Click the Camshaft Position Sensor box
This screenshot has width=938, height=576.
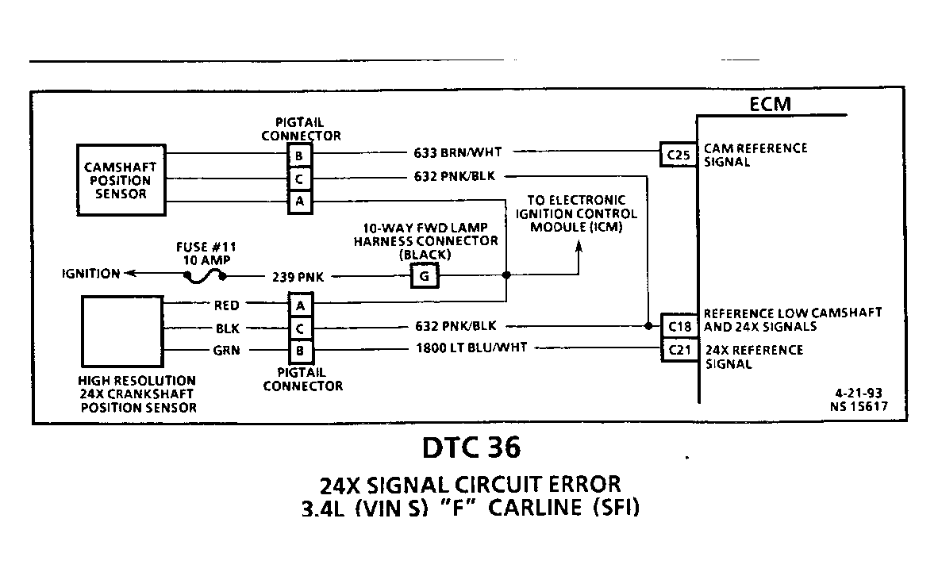click(x=121, y=179)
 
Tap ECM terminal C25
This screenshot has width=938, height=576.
click(x=679, y=155)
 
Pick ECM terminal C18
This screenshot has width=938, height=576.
click(x=679, y=327)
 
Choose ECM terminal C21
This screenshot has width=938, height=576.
click(x=679, y=350)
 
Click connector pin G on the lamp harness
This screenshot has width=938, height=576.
click(x=424, y=276)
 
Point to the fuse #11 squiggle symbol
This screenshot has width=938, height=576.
click(x=205, y=276)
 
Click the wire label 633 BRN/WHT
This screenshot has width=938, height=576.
click(x=458, y=152)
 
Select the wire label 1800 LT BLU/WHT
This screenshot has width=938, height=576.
click(x=471, y=348)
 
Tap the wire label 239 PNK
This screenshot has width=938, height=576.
click(x=298, y=277)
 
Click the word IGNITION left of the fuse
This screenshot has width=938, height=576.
click(x=91, y=274)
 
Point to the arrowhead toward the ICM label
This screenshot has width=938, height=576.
click(x=579, y=246)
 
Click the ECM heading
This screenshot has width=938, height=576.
click(x=771, y=104)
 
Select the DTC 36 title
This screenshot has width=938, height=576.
click(x=471, y=447)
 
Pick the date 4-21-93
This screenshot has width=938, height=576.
click(x=859, y=393)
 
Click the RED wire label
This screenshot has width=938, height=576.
click(x=227, y=305)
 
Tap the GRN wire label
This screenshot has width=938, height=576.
click(x=226, y=350)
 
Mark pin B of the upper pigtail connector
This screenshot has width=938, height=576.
click(x=299, y=156)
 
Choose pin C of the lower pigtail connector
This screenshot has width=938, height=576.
click(x=300, y=328)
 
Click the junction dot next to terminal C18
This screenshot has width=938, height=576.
click(x=648, y=326)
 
